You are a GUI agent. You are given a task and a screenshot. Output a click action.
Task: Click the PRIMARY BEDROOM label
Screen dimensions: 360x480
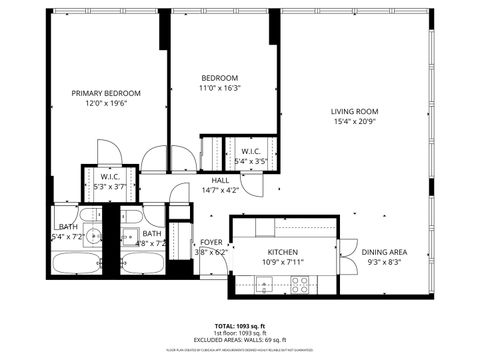106,93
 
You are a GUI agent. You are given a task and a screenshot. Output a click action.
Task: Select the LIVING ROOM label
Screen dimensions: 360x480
355,111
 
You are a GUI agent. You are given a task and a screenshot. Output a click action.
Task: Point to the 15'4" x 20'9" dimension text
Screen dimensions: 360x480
355,122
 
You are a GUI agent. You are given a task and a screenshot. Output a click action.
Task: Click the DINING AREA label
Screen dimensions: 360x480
383,252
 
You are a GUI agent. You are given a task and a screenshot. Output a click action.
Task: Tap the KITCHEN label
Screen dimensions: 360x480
283,252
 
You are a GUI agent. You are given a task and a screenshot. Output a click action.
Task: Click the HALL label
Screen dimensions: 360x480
220,180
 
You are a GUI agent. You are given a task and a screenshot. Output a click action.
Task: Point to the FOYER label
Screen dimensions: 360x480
211,243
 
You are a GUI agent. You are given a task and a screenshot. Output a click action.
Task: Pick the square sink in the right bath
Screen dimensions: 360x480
129,237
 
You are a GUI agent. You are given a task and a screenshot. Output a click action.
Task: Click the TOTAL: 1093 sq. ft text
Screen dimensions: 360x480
239,326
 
